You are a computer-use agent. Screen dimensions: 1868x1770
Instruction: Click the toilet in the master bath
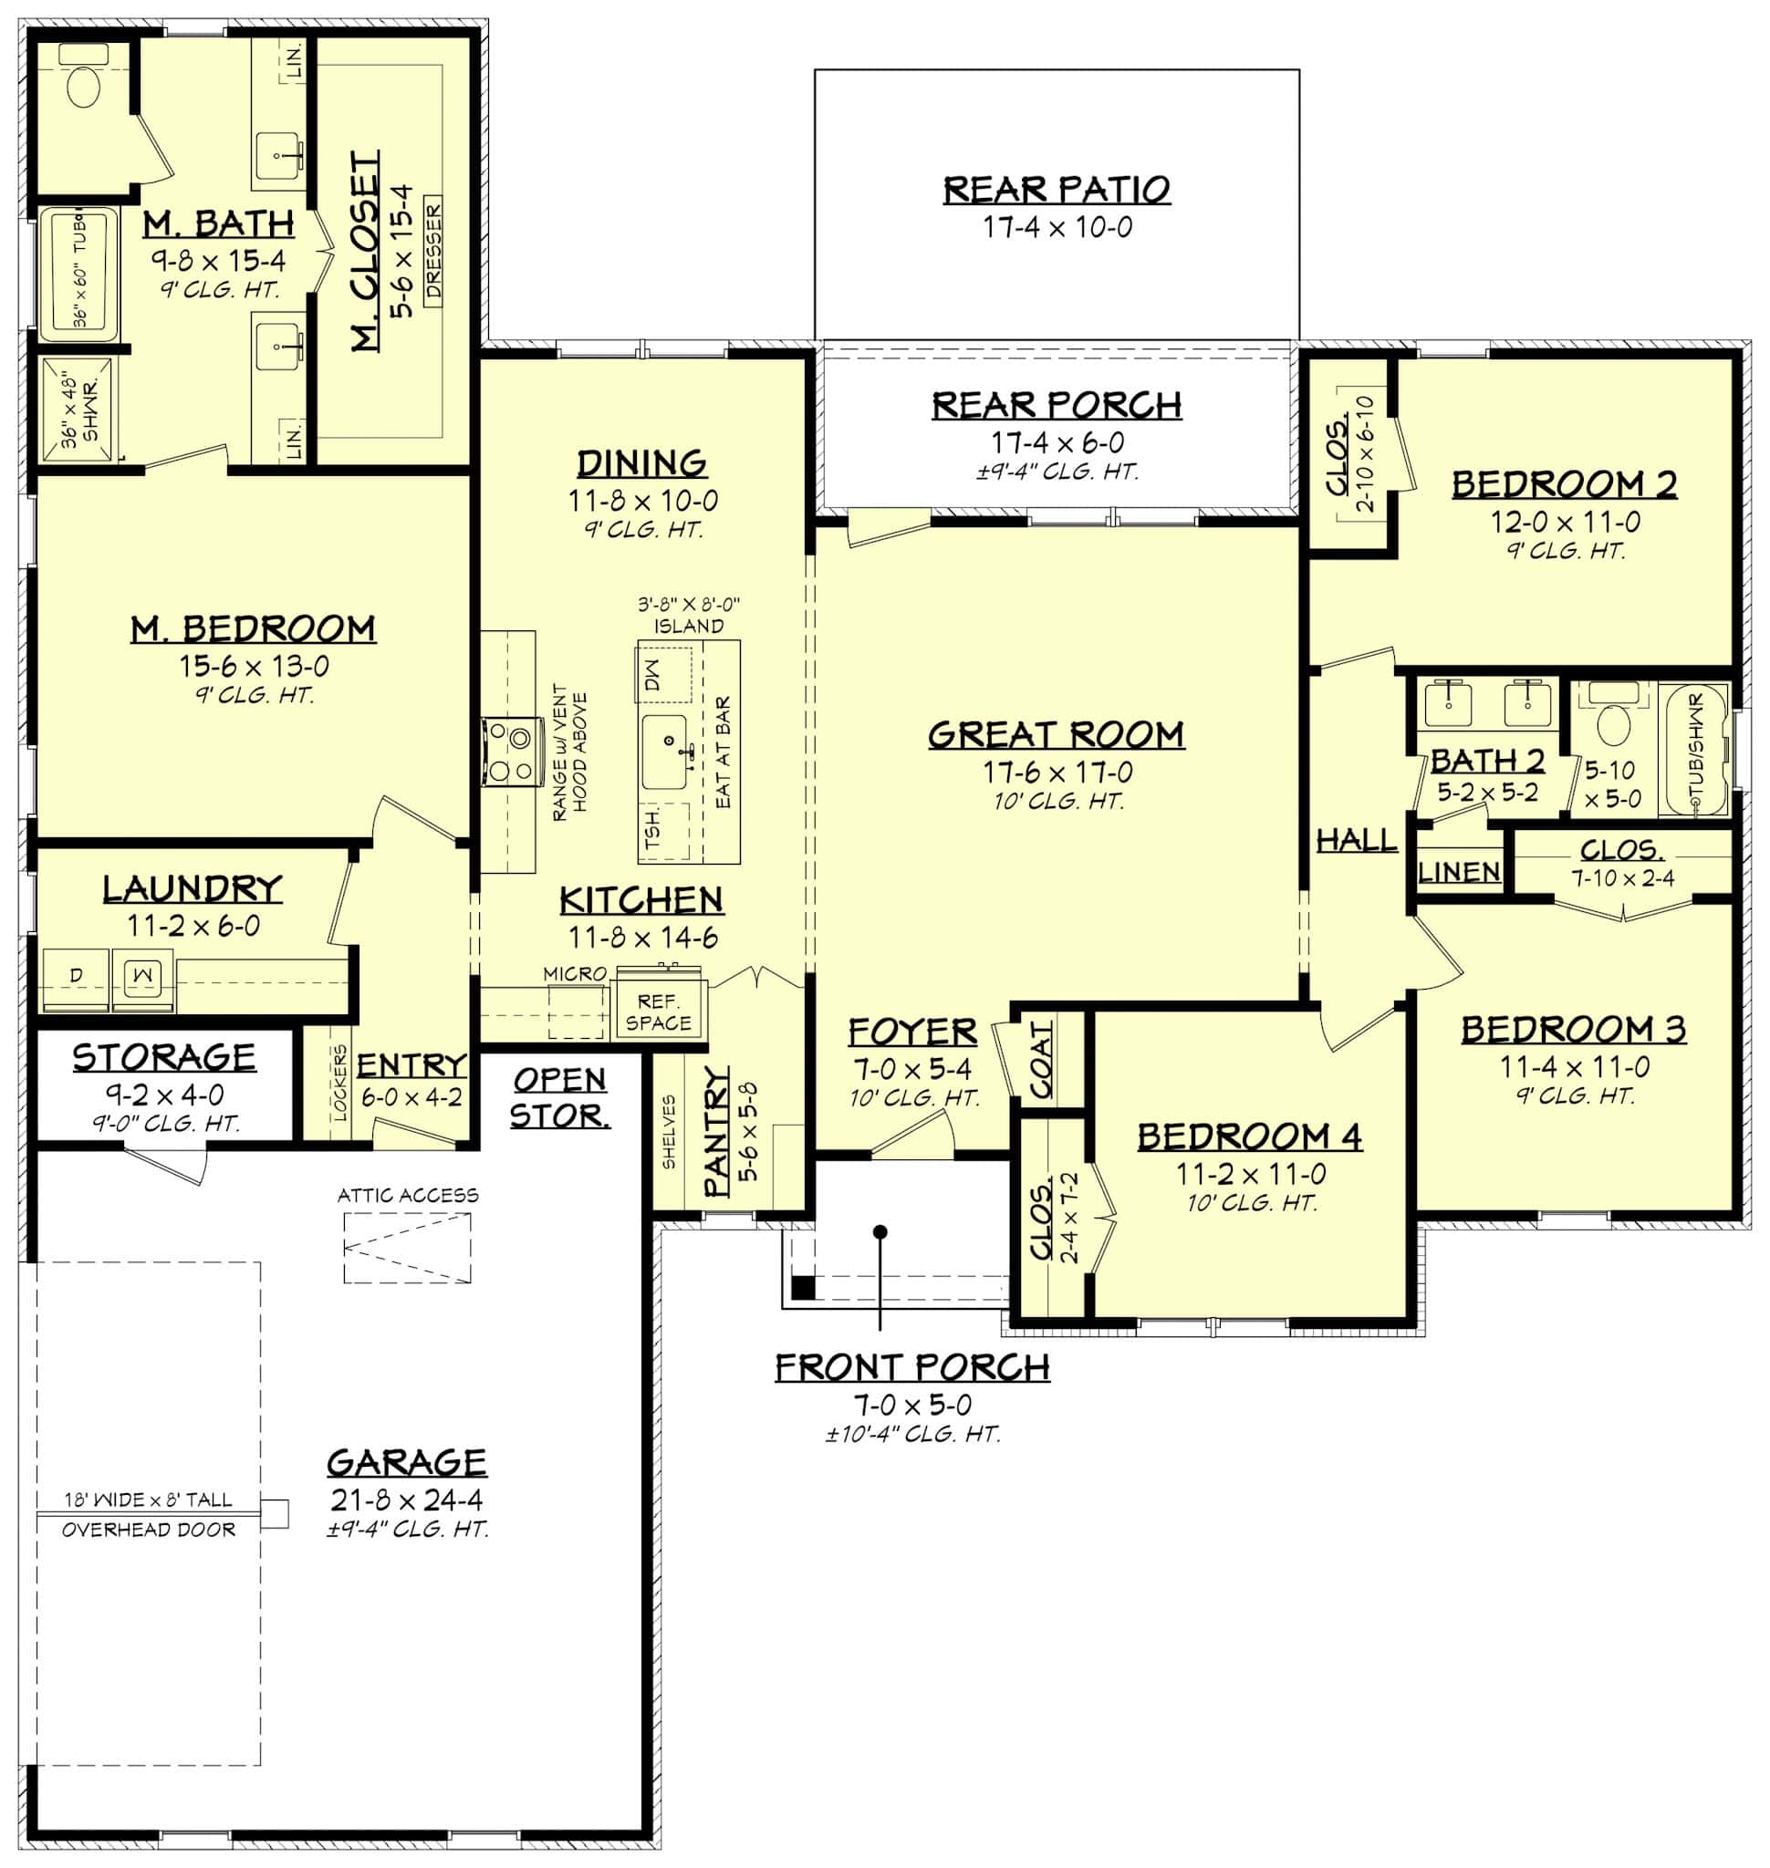[83, 85]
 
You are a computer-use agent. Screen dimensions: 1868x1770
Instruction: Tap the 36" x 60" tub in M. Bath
[78, 275]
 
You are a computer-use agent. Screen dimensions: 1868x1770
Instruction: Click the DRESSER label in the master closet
[433, 251]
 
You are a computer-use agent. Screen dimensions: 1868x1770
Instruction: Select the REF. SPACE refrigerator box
[658, 1012]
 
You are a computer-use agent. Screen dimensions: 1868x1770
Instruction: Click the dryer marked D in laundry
[76, 977]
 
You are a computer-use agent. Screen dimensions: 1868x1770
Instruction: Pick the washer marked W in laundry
[143, 977]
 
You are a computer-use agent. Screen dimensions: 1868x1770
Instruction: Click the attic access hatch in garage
[407, 1248]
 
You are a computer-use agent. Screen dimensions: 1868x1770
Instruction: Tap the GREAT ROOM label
[1056, 735]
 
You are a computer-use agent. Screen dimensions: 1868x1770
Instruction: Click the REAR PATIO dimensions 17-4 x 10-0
[1057, 227]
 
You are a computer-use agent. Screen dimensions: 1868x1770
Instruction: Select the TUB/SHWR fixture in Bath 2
[1694, 749]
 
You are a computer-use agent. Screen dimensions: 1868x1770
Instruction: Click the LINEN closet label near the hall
[1459, 872]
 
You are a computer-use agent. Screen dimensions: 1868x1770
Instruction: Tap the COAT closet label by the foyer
[1041, 1061]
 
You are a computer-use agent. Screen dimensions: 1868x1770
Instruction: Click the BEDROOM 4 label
[1249, 1136]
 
